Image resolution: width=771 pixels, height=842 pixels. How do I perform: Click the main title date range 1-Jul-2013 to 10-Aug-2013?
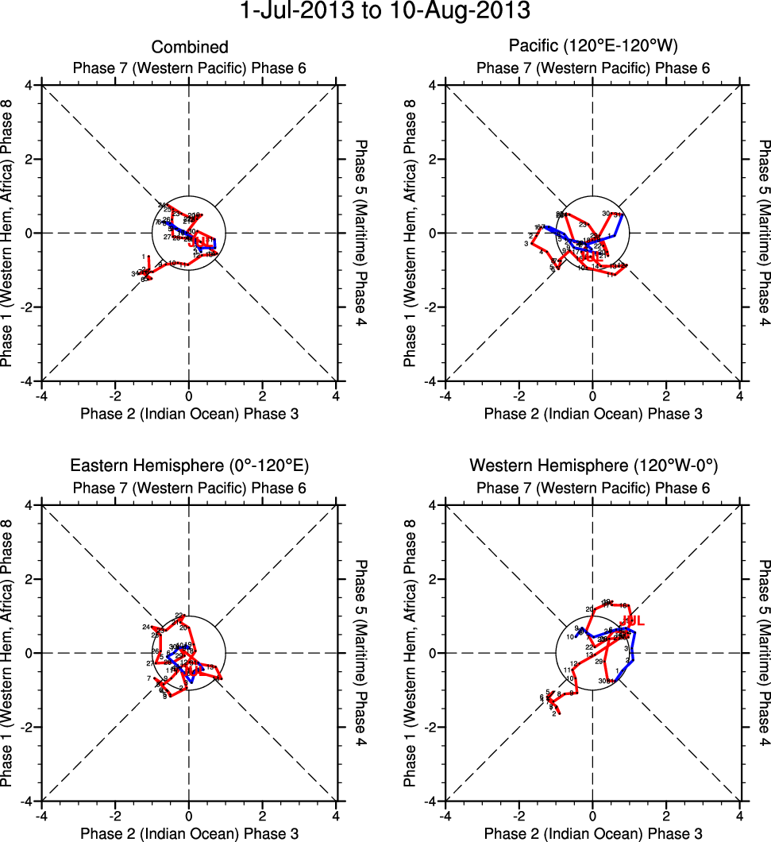(x=385, y=12)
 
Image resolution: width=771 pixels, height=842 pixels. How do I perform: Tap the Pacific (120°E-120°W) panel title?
(x=593, y=48)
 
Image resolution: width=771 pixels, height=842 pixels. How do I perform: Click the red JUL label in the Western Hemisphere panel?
(x=632, y=620)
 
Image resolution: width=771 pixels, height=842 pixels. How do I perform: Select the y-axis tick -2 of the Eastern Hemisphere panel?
(x=29, y=728)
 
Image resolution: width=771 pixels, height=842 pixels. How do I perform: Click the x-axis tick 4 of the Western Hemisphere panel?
(x=740, y=815)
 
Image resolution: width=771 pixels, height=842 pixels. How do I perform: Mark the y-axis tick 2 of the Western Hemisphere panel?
(x=434, y=579)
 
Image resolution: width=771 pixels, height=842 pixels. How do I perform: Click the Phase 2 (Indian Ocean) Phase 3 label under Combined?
(x=189, y=413)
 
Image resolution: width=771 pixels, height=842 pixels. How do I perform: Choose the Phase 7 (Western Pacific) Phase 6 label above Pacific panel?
(x=593, y=68)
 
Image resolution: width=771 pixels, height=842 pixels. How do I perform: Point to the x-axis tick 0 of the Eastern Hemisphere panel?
(x=189, y=815)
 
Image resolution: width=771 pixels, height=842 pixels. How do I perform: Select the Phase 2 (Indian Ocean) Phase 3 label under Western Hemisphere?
(x=593, y=833)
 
